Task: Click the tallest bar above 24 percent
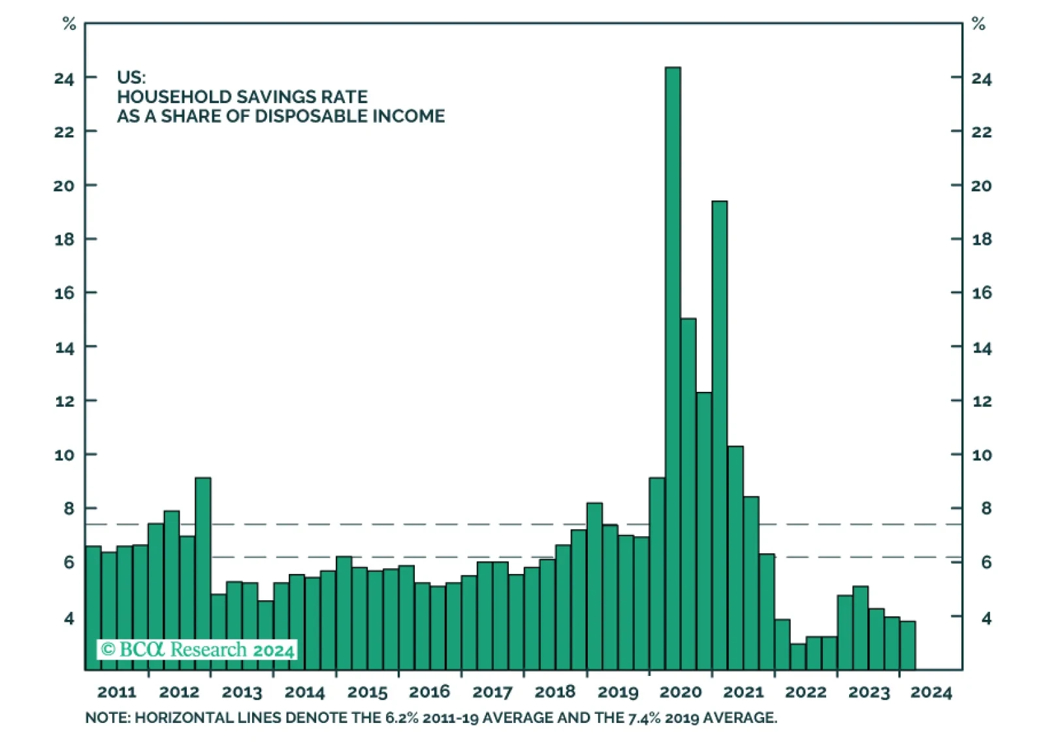[673, 366]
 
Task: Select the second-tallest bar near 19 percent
[719, 431]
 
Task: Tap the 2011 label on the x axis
[117, 692]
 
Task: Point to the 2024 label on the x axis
[931, 692]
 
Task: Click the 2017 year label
[492, 692]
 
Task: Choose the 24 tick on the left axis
[65, 79]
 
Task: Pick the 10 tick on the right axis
[981, 455]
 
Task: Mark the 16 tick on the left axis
[65, 293]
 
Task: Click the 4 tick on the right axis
[986, 618]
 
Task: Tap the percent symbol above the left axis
[69, 25]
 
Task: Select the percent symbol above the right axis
[978, 25]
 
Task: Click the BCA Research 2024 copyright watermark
[198, 650]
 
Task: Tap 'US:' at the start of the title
[131, 78]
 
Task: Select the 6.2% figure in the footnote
[401, 718]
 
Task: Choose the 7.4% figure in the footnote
[644, 718]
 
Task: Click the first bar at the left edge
[93, 607]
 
